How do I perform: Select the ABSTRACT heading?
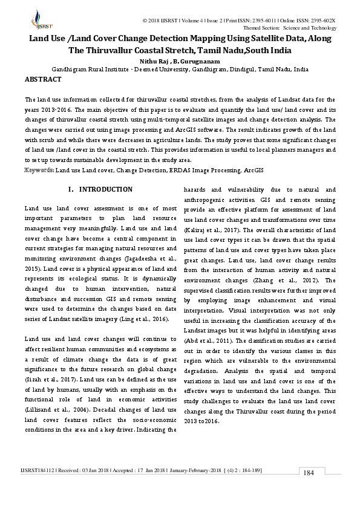(x=43, y=79)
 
